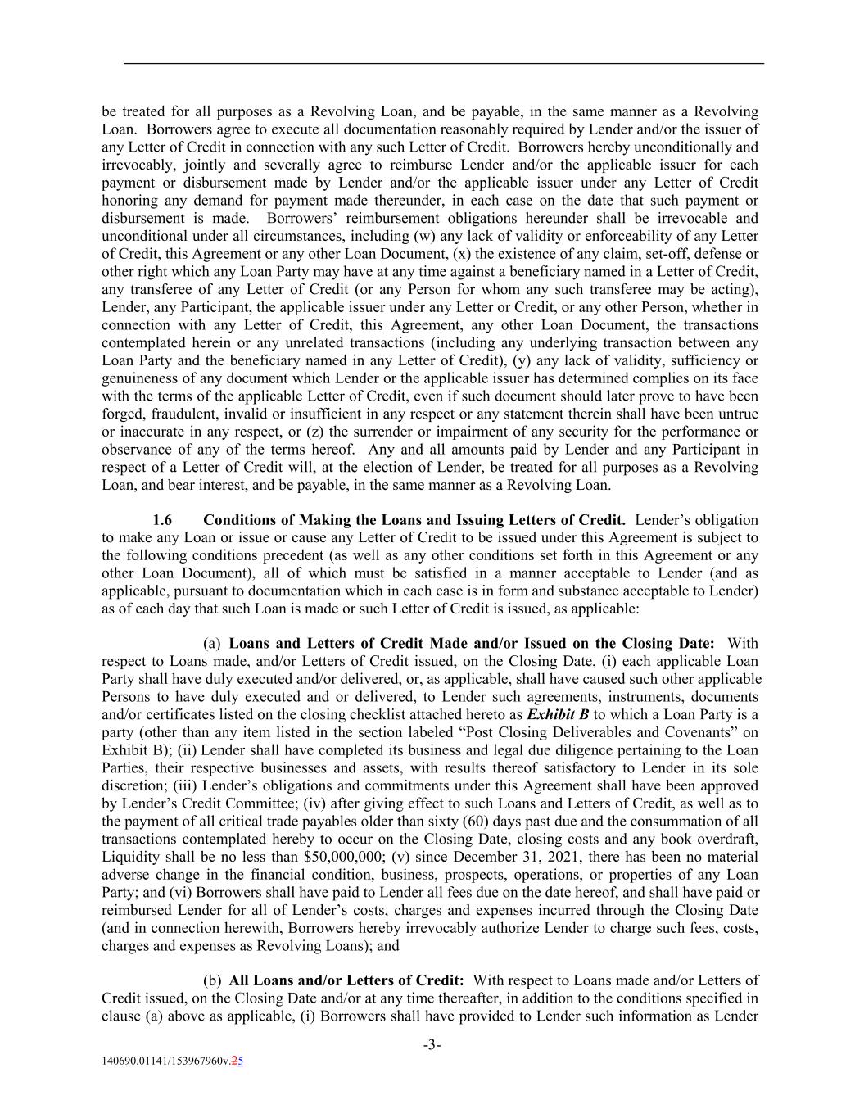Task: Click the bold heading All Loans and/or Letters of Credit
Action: [346, 980]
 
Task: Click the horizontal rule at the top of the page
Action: [443, 63]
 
